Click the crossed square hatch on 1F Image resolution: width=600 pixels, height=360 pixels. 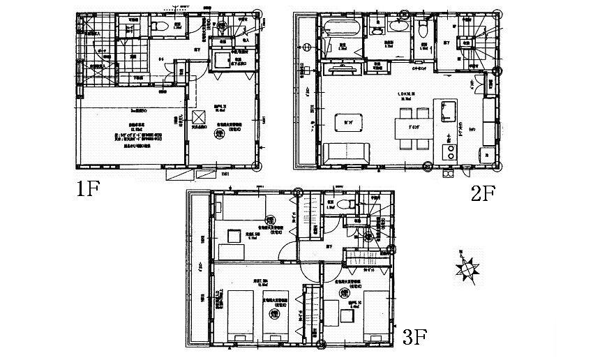click(x=199, y=117)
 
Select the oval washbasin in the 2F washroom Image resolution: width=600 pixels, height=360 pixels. click(x=400, y=27)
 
